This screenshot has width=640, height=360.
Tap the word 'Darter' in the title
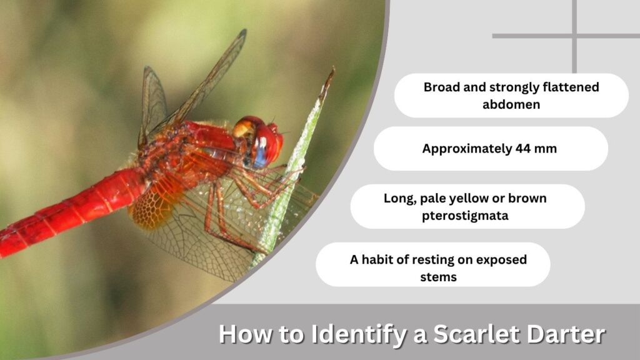(x=566, y=334)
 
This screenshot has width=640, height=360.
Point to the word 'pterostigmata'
(x=465, y=216)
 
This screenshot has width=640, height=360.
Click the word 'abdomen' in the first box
(x=511, y=104)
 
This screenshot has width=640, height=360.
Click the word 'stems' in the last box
(x=438, y=277)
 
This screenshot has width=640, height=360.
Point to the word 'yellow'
(x=469, y=199)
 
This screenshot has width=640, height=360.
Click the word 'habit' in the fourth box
(x=385, y=259)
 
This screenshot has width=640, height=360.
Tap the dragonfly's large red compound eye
(x=267, y=143)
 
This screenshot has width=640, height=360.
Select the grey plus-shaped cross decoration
(x=574, y=36)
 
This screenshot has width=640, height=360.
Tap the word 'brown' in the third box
(x=527, y=198)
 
